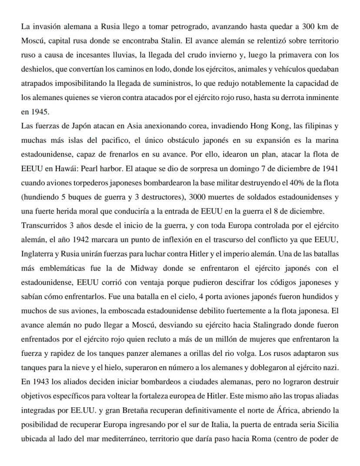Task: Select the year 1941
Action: pyautogui.click(x=329, y=168)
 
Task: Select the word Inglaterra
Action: pyautogui.click(x=37, y=253)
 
